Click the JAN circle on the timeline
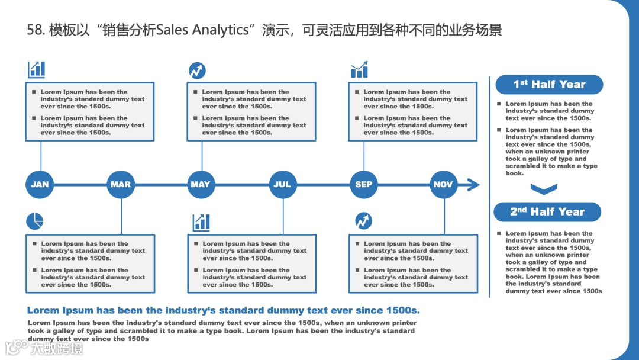tap(40, 184)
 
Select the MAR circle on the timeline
tap(121, 184)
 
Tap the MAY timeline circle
tap(201, 184)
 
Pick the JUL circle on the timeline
tap(282, 184)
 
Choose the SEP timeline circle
tap(363, 184)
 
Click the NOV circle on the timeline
tap(444, 184)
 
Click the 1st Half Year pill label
tap(548, 85)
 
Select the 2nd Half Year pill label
tap(547, 212)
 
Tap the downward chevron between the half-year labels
tap(544, 189)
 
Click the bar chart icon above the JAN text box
tap(36, 69)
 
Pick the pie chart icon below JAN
tap(35, 221)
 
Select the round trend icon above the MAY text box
tap(197, 70)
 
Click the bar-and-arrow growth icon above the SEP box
tap(359, 70)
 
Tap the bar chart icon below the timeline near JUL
tap(201, 223)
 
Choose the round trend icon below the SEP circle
tap(363, 221)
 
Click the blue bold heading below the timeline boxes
tap(224, 310)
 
